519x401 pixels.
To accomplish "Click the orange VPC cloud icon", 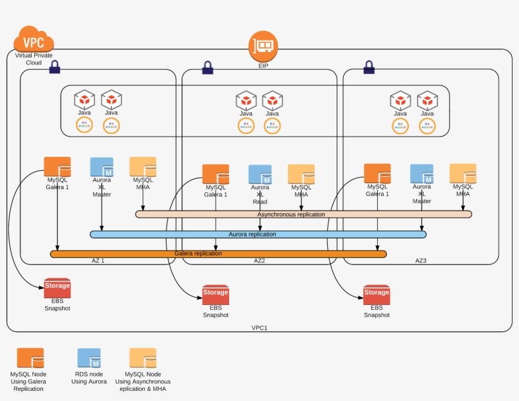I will pos(34,40).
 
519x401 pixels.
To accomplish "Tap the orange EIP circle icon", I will pos(263,46).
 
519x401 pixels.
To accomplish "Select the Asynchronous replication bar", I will pos(303,214).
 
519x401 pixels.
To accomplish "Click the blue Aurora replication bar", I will pos(258,234).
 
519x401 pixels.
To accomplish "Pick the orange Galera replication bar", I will pos(218,254).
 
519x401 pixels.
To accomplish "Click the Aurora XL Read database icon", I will pos(259,174).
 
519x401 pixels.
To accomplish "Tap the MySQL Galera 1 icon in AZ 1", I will pos(57,166).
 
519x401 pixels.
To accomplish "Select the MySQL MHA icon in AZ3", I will pos(463,173).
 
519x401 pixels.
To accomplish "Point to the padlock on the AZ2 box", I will pos(208,68).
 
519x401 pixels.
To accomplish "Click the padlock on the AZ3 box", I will pos(368,67).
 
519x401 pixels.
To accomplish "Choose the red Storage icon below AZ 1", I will pos(57,288).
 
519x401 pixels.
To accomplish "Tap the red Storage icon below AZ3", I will pos(377,295).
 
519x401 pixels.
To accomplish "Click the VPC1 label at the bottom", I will pos(259,328).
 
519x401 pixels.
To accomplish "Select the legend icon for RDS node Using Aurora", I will pos(89,358).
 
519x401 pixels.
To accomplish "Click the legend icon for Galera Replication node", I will pos(30,358).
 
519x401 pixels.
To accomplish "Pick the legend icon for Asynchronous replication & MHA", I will pos(142,358).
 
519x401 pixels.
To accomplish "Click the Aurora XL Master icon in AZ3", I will pos(422,174).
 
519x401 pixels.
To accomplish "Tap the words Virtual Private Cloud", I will pos(33,59).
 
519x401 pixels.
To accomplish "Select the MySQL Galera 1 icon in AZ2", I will pos(215,174).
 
